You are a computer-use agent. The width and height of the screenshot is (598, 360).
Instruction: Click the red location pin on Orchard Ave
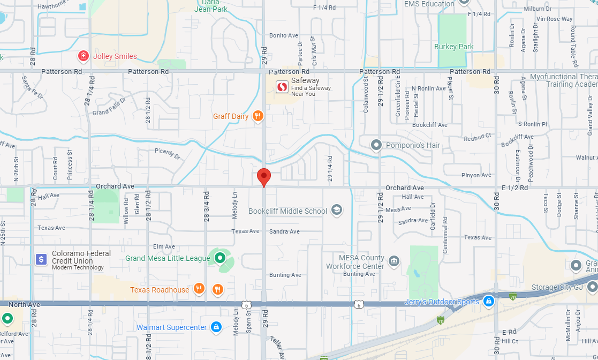pos(263,176)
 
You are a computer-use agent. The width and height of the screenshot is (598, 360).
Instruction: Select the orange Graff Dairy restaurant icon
pos(258,116)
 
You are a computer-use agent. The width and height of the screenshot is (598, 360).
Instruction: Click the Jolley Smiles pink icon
pos(84,56)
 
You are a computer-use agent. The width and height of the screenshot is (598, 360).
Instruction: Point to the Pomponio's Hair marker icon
pos(377,145)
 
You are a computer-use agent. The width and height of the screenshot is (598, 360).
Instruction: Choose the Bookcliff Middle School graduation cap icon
pos(337,210)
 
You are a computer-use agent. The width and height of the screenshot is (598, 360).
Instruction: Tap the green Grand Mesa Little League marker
pos(219,259)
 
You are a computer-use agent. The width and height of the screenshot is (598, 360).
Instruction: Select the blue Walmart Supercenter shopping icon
pos(216,327)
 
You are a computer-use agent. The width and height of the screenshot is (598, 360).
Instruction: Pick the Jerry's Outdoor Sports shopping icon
pos(488,301)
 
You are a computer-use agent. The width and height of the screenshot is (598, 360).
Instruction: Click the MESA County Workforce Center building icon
pos(394,261)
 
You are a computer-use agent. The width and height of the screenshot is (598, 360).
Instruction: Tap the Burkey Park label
pos(454,47)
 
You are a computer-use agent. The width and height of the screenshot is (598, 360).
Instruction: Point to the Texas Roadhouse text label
pos(160,290)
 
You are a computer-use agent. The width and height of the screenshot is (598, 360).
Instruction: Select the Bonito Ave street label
pos(284,35)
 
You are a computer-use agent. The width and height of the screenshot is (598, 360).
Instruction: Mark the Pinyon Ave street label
pos(476,175)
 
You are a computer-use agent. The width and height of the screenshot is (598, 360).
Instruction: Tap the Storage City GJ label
pos(557,288)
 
